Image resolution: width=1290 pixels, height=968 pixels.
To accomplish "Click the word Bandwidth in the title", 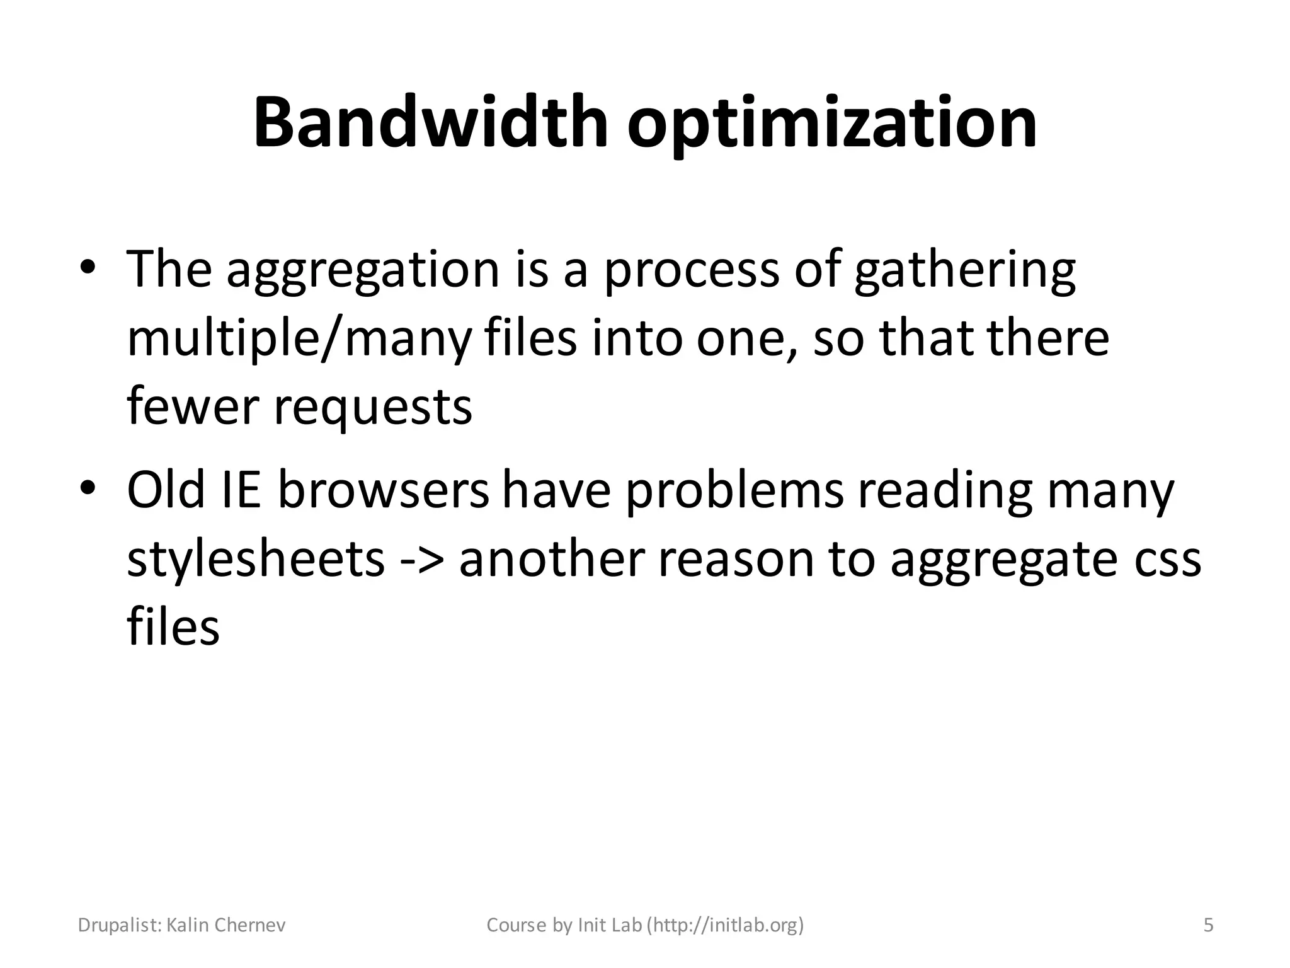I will [430, 122].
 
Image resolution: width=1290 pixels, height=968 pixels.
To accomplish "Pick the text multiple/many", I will [299, 338].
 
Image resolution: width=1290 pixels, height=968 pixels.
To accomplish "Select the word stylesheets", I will [256, 558].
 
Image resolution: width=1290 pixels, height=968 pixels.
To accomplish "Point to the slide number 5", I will [1208, 925].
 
